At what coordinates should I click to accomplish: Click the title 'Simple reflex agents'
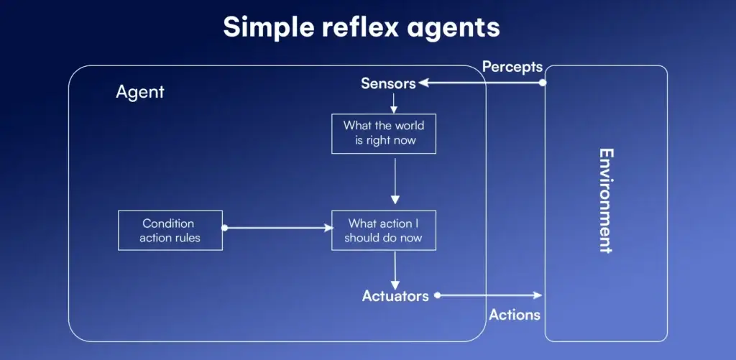tap(362, 27)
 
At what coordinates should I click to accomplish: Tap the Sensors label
tap(388, 83)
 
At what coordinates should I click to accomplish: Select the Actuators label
tap(395, 295)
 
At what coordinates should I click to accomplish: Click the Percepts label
tap(512, 67)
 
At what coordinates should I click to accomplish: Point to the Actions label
tap(515, 315)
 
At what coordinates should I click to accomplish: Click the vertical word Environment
tap(606, 200)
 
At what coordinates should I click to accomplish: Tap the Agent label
tap(140, 92)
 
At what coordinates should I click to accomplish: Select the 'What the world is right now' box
tap(383, 133)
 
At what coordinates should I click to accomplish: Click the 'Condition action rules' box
tap(170, 230)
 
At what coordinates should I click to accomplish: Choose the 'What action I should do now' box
tap(383, 230)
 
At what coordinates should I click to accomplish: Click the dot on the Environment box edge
tap(543, 83)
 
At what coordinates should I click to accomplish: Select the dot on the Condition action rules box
tap(224, 228)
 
